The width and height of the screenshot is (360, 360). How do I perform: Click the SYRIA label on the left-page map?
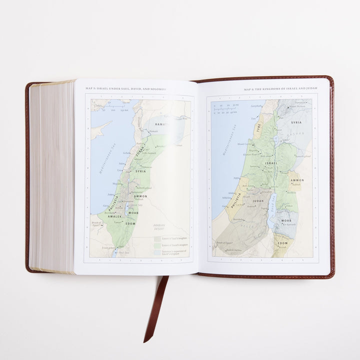point(140,171)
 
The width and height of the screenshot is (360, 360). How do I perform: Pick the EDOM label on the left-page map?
point(130,223)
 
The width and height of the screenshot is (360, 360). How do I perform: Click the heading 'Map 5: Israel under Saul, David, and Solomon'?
point(125,88)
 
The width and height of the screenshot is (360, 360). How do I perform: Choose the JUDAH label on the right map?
point(258,201)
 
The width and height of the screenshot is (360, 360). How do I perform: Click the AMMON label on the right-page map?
point(297,180)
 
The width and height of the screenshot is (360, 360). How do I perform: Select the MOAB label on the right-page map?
point(285,220)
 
